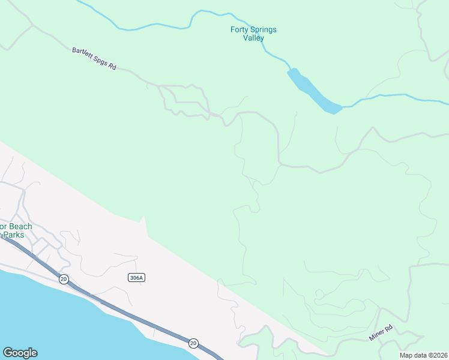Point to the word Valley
click(x=253, y=38)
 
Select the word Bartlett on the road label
click(x=82, y=53)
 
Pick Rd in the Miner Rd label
click(x=388, y=328)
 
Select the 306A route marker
click(x=137, y=277)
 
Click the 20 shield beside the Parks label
click(x=63, y=278)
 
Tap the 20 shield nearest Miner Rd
click(x=193, y=343)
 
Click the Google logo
click(x=20, y=353)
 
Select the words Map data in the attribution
click(x=413, y=355)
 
